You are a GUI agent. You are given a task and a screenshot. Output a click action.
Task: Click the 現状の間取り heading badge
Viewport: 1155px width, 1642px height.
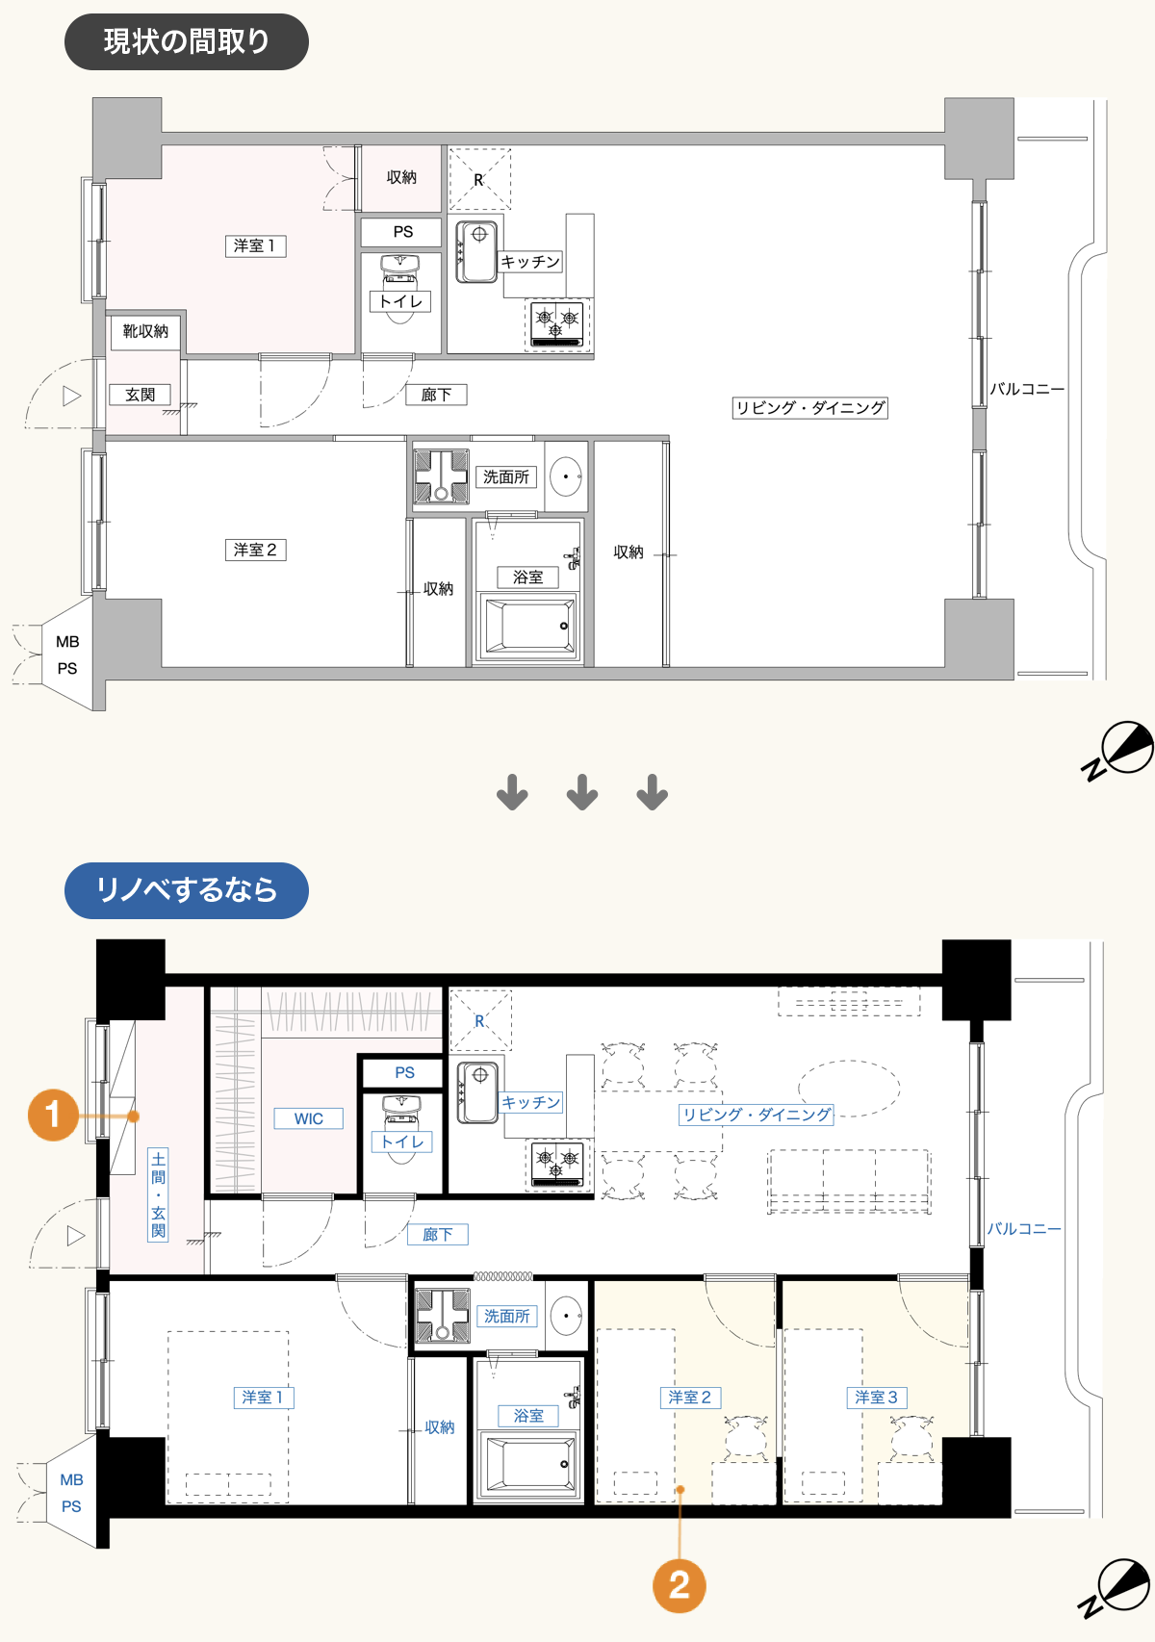186,41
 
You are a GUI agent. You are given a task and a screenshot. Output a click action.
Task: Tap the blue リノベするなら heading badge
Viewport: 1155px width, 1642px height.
186,890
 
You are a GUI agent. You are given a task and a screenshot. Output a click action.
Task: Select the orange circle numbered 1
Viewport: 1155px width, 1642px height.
53,1115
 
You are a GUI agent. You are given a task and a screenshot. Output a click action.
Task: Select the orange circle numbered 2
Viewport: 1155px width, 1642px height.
680,1586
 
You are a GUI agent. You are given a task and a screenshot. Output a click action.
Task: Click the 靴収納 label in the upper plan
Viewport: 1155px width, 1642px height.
146,331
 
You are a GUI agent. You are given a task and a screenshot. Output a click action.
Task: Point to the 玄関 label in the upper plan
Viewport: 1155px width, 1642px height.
140,395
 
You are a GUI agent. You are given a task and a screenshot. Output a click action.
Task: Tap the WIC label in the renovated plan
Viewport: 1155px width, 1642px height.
309,1118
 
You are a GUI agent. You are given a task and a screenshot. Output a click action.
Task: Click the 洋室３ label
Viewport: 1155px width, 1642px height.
877,1398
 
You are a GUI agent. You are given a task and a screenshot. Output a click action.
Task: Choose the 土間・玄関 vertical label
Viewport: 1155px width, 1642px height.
158,1194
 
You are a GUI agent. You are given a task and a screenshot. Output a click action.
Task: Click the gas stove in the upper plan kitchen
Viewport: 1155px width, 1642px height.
557,324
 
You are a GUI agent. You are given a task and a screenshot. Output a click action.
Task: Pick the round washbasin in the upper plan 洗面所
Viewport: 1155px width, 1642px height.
566,476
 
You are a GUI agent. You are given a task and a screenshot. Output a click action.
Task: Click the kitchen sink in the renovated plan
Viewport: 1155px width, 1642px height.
477,1092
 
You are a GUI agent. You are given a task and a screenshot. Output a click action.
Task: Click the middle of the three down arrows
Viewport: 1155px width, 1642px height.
582,792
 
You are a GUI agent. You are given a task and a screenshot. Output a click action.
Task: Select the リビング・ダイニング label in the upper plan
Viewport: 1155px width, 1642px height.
809,407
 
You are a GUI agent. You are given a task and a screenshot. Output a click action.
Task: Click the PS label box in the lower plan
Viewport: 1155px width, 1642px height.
404,1072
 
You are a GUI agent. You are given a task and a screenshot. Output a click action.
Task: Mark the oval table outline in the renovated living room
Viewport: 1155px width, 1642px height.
849,1088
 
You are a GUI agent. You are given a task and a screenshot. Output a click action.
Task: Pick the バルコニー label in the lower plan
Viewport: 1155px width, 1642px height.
1024,1228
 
